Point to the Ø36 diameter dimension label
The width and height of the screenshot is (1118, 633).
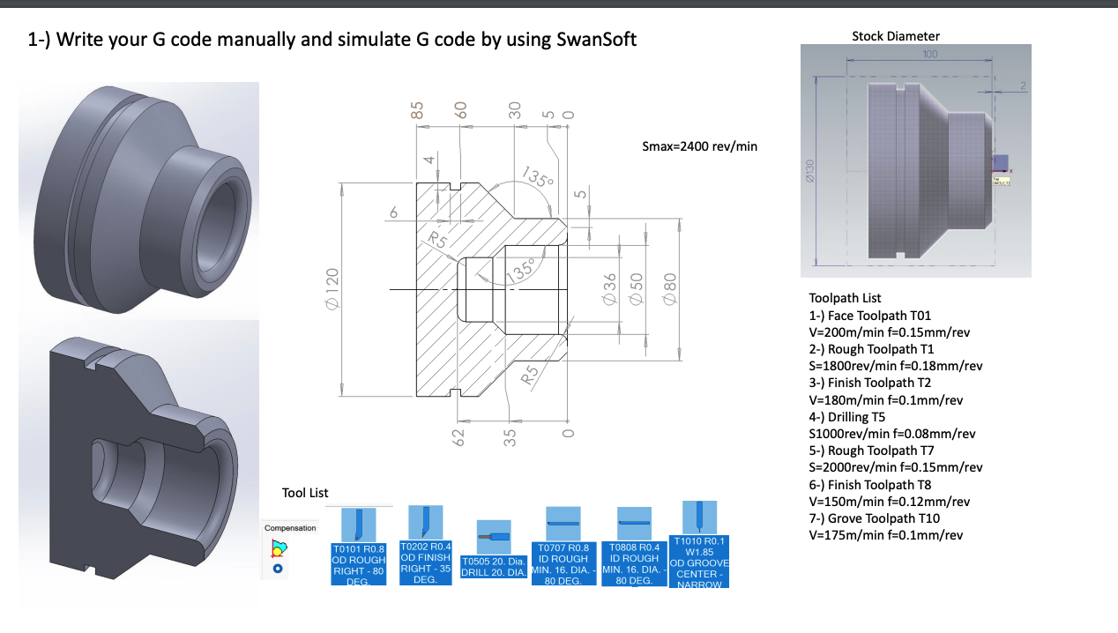click(607, 290)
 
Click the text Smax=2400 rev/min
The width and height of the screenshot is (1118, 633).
click(700, 145)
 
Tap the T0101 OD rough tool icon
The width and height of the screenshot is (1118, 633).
click(358, 525)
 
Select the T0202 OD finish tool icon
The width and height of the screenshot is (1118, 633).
click(425, 522)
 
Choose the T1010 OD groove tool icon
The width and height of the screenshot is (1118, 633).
click(699, 518)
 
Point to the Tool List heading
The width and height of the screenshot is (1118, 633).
click(305, 493)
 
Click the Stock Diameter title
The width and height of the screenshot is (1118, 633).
click(896, 36)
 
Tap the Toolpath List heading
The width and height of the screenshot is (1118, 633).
click(845, 298)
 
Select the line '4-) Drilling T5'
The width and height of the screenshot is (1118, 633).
click(847, 417)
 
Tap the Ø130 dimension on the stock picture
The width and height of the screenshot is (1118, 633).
click(809, 173)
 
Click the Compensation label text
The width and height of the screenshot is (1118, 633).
click(290, 528)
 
